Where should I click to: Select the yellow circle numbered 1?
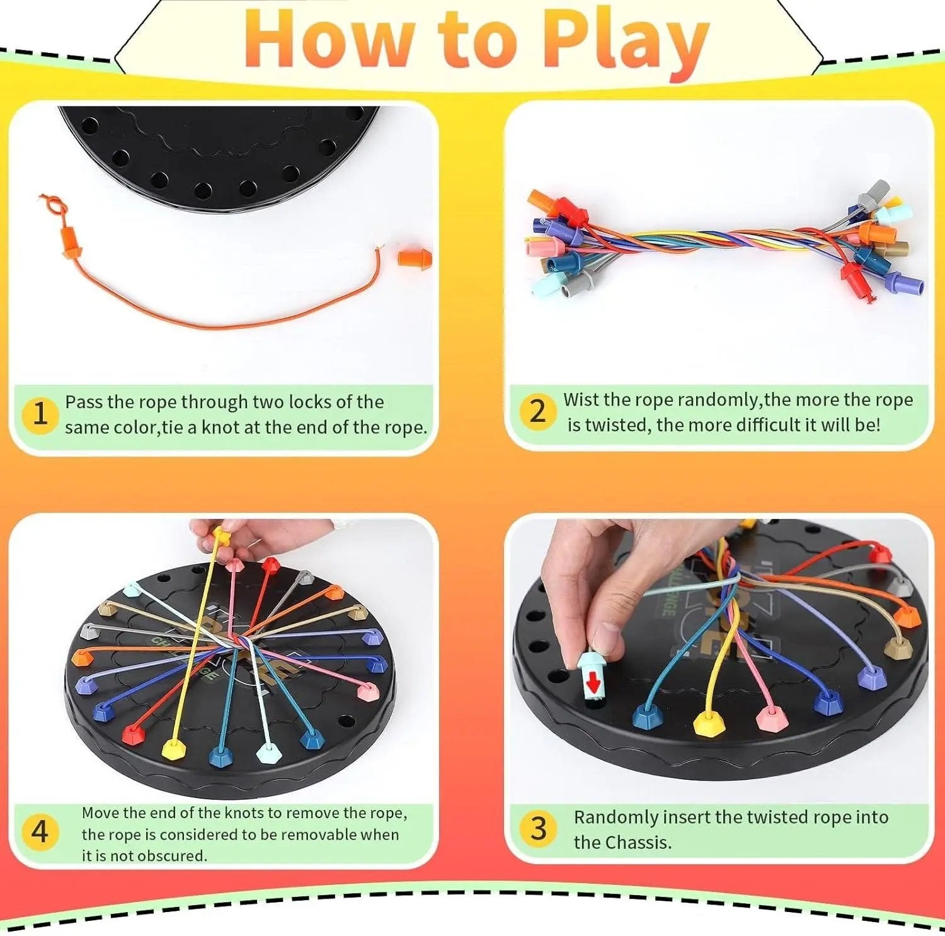tap(40, 414)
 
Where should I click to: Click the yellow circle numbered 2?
tap(537, 411)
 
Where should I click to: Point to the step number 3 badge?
tap(538, 828)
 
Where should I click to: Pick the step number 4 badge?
tap(40, 831)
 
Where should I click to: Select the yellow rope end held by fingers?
tap(220, 535)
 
